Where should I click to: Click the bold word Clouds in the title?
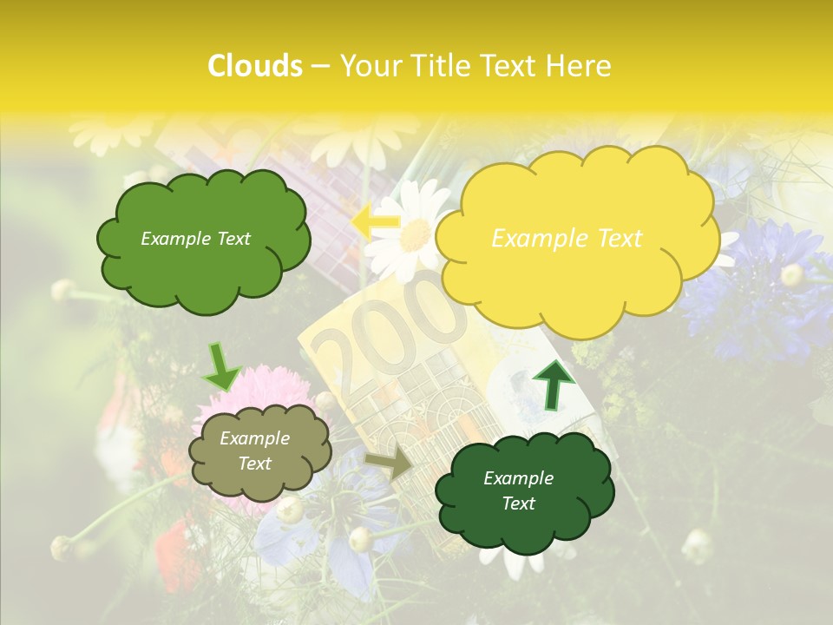pyautogui.click(x=255, y=66)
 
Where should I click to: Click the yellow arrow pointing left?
pyautogui.click(x=375, y=221)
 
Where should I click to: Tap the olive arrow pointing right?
pyautogui.click(x=390, y=464)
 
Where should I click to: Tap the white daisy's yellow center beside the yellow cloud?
pyautogui.click(x=415, y=234)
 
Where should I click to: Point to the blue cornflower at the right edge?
pyautogui.click(x=764, y=286)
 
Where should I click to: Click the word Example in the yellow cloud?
pyautogui.click(x=532, y=238)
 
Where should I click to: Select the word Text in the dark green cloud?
pyautogui.click(x=518, y=503)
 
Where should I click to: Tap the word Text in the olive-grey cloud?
pyautogui.click(x=254, y=464)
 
